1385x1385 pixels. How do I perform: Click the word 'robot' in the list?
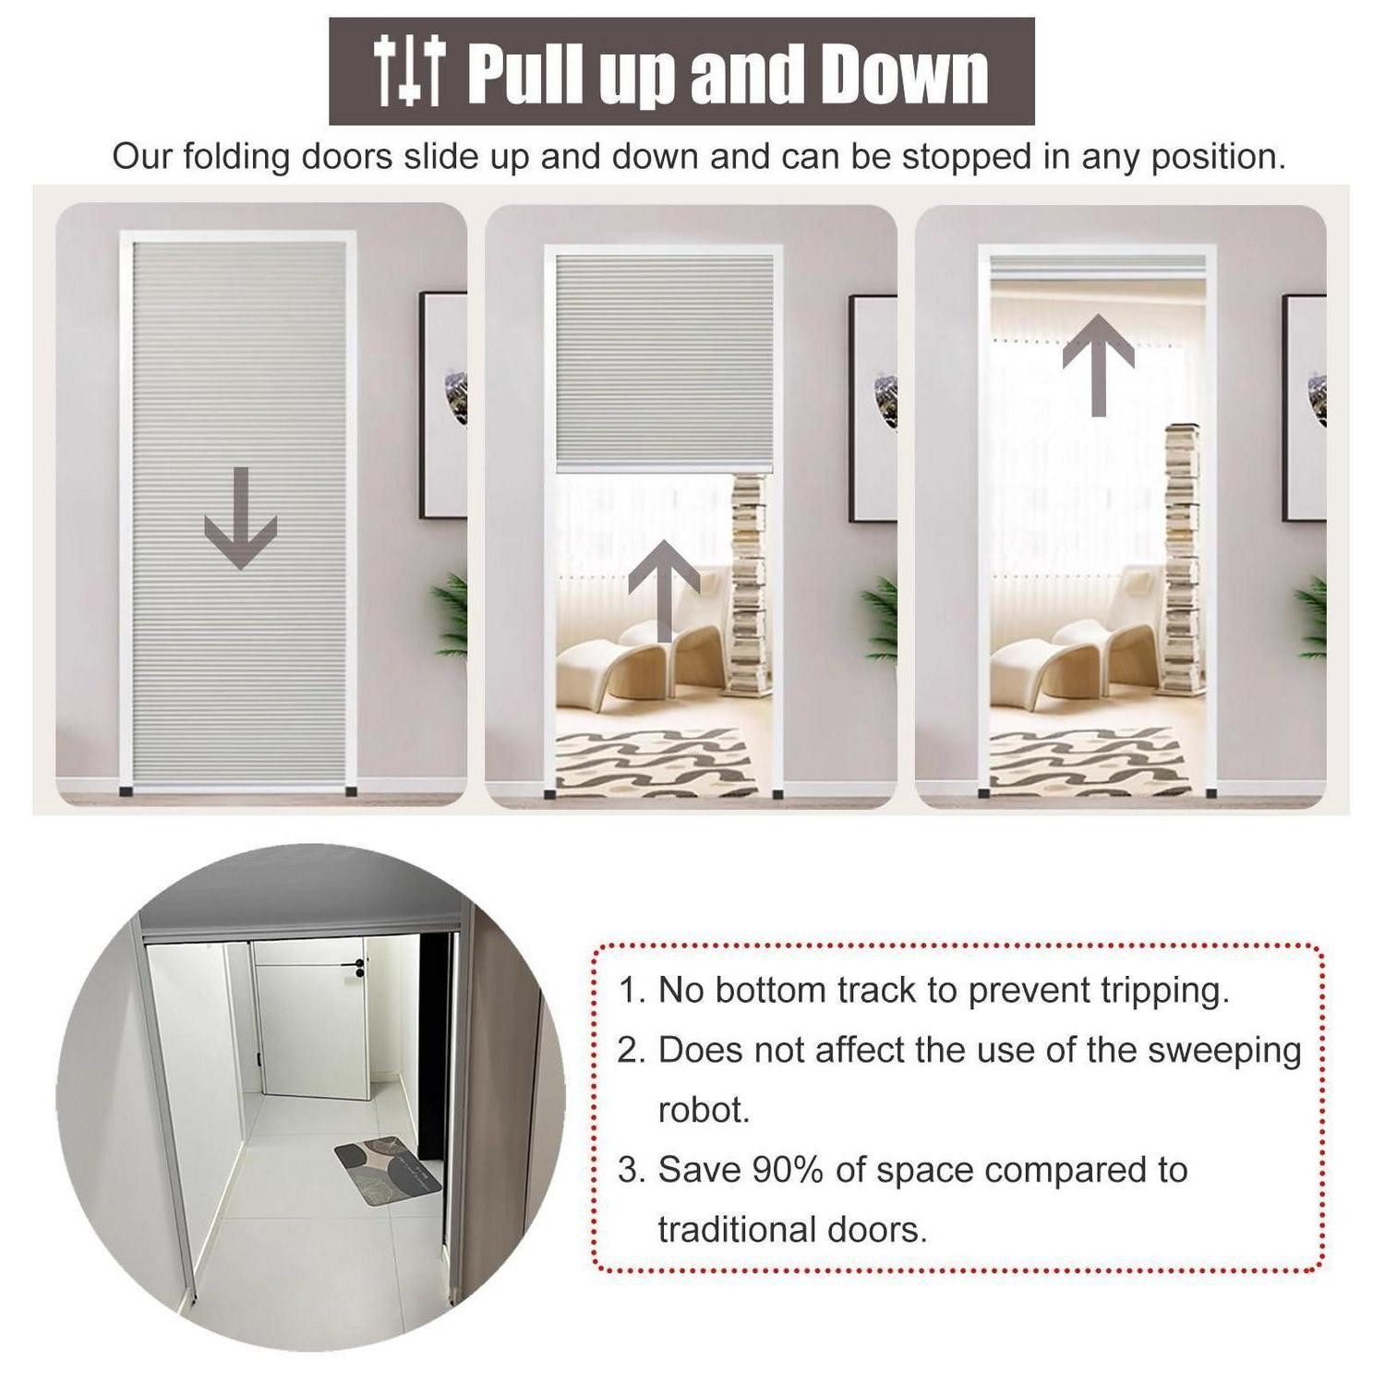tap(703, 1110)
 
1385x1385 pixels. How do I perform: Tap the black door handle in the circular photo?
tap(352, 966)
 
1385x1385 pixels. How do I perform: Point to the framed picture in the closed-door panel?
tap(443, 405)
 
